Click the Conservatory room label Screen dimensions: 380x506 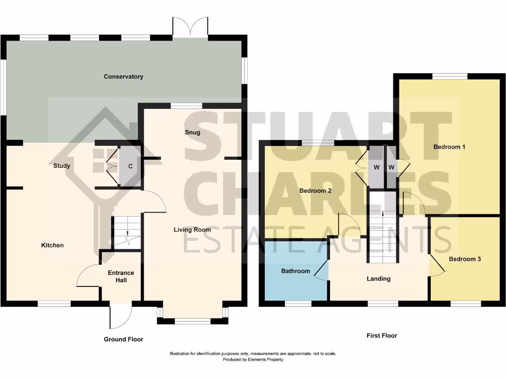(x=124, y=77)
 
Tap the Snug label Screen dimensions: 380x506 (x=192, y=132)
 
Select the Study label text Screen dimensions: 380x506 (x=62, y=166)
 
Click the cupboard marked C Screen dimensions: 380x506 (x=130, y=166)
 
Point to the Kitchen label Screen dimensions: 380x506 (x=52, y=245)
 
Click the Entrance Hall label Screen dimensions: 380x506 (x=121, y=277)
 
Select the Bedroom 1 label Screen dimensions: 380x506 (x=450, y=147)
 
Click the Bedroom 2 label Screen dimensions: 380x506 (x=315, y=190)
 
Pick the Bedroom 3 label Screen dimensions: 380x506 (x=464, y=259)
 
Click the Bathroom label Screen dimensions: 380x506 (x=295, y=271)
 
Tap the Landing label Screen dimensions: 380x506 (x=379, y=279)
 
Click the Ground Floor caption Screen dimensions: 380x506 (x=124, y=339)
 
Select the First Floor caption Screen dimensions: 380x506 (x=381, y=335)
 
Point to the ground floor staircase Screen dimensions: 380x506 (x=127, y=233)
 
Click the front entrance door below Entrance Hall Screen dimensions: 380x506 (x=120, y=316)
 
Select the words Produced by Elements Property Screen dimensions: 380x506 (x=253, y=360)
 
